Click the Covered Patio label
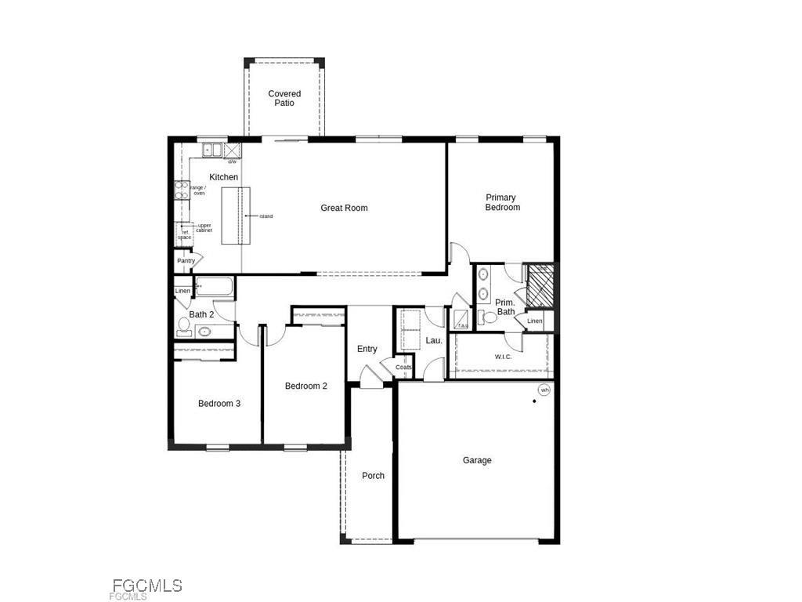[x=284, y=98]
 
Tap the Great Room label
[x=344, y=208]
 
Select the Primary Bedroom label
[x=502, y=202]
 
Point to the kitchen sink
[x=212, y=150]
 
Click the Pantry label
[x=186, y=261]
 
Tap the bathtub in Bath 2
[x=214, y=287]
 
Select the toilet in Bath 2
[x=184, y=324]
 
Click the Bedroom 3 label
[x=219, y=404]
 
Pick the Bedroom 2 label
[x=305, y=386]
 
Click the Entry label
[x=367, y=349]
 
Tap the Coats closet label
[x=403, y=367]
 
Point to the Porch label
[x=373, y=476]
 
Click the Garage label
[x=477, y=460]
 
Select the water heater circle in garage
[x=544, y=390]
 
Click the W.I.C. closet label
[x=503, y=357]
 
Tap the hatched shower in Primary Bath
[x=540, y=285]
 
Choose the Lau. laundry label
[x=434, y=340]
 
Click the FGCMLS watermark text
[x=147, y=586]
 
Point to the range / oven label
[x=199, y=190]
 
